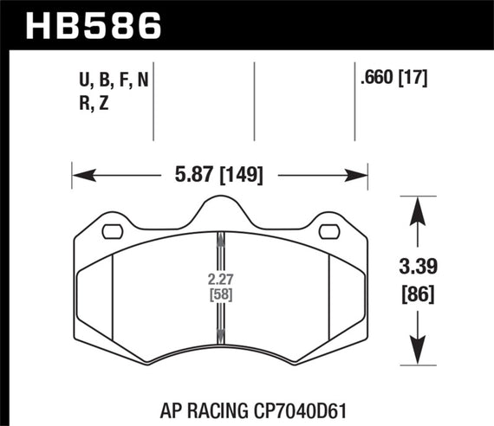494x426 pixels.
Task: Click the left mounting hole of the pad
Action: click(x=112, y=232)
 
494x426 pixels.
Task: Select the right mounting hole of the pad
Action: click(x=329, y=232)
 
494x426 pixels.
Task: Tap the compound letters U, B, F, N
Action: click(x=112, y=81)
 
